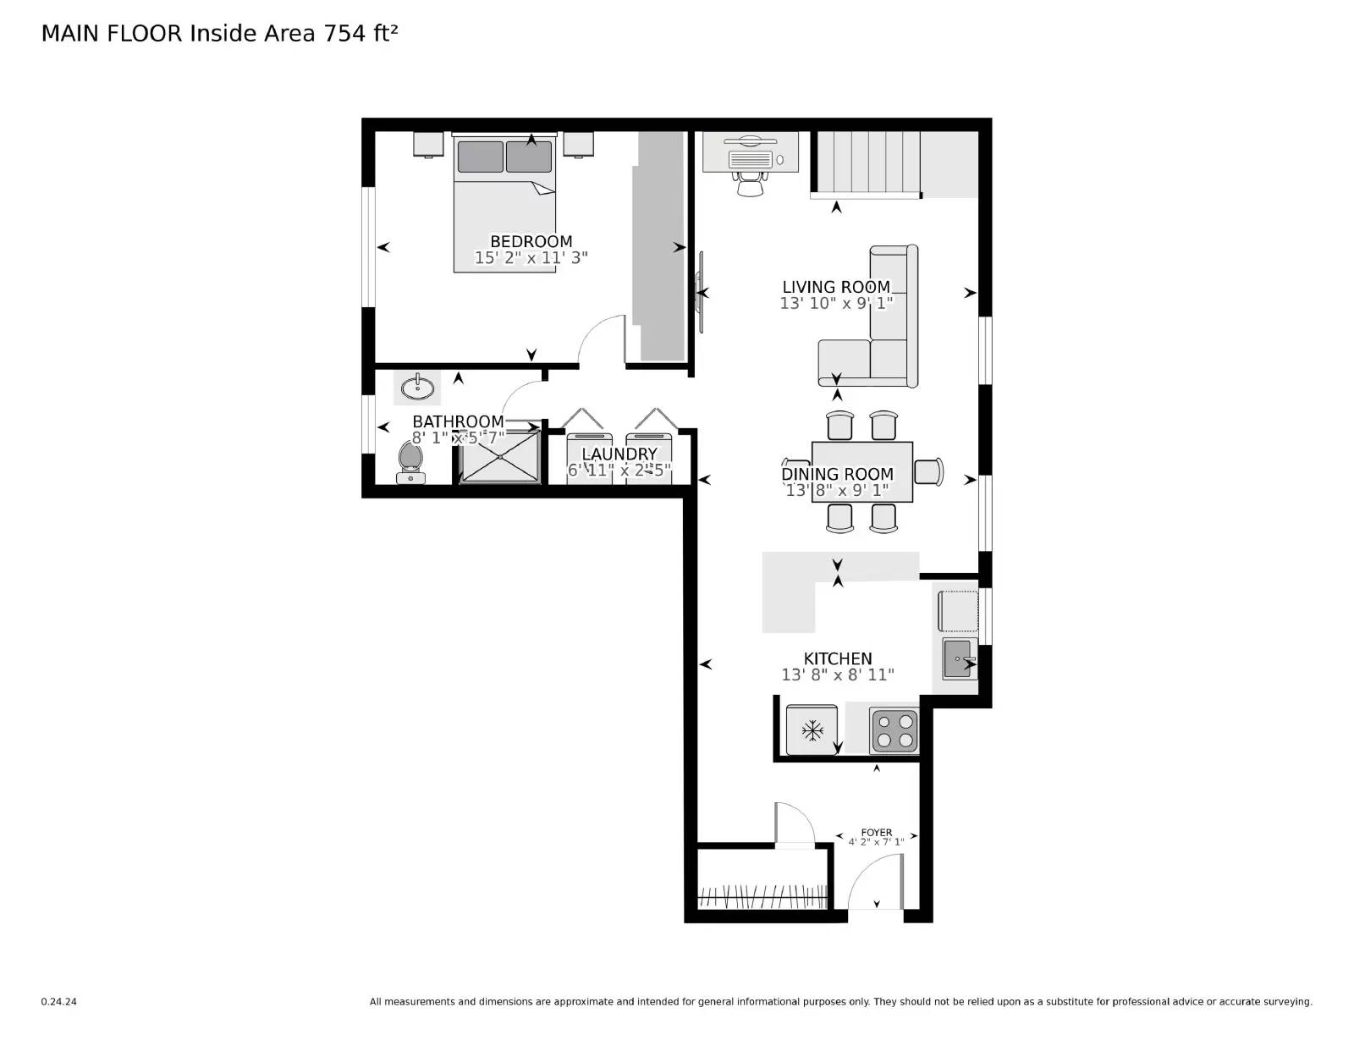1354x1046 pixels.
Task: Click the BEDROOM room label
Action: pos(531,241)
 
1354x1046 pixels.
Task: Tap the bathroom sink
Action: pos(417,388)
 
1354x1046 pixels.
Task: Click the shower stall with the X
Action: pos(499,457)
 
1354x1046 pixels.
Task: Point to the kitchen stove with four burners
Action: pos(894,730)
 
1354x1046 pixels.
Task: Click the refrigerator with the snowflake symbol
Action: pos(812,729)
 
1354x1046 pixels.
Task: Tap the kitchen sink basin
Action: pos(957,658)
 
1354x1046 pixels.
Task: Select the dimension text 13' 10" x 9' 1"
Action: pos(836,303)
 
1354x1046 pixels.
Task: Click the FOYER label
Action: pos(876,833)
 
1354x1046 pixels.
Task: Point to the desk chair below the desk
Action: pos(750,184)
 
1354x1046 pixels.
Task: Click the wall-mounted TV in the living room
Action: pos(700,292)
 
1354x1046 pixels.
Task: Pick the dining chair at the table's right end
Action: pos(929,471)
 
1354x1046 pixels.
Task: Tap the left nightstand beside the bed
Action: pos(428,144)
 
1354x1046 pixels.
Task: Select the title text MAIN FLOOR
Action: pos(112,33)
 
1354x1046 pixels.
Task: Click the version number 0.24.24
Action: pos(58,1001)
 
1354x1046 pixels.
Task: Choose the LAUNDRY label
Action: pos(619,454)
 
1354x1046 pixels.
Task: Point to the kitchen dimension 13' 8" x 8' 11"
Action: pos(837,674)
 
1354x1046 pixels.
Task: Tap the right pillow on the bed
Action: pos(529,157)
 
